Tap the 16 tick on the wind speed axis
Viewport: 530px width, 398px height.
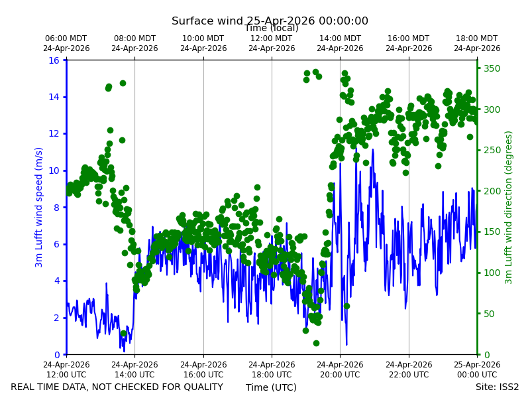coord(54,60)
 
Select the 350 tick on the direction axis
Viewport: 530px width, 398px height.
coord(492,68)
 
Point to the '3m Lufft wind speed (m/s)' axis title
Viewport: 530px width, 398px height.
coord(39,207)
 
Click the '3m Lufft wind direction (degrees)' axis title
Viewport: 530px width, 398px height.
coord(509,208)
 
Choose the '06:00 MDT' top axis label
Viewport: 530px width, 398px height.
coord(66,38)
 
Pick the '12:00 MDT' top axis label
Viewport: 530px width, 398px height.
coord(272,38)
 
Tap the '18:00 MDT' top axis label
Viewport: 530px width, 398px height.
coord(476,38)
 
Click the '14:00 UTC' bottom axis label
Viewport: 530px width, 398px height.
coord(134,375)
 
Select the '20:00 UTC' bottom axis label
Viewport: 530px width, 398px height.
coord(340,375)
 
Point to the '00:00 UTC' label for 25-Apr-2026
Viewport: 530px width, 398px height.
coord(477,375)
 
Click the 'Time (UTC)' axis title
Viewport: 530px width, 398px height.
coord(271,387)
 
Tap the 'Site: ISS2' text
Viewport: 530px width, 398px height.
coord(497,387)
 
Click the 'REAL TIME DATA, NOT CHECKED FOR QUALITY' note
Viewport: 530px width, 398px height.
coord(117,387)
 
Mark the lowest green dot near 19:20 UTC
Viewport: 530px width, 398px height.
coord(316,343)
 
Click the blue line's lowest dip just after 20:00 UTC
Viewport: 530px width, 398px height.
coord(346,344)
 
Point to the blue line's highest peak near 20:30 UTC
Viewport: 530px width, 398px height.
coord(356,158)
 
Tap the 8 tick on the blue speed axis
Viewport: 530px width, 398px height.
coord(56,207)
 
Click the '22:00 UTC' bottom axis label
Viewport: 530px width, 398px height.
coord(409,375)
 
